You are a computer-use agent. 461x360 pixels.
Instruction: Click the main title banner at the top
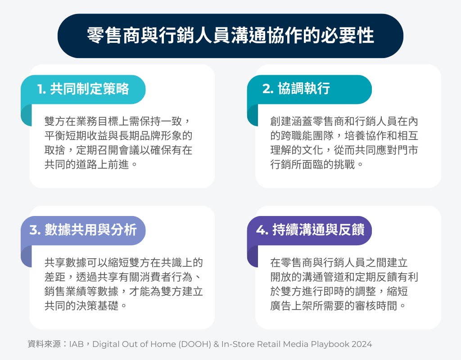coord(230,36)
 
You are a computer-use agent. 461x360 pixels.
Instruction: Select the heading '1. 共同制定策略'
coord(83,89)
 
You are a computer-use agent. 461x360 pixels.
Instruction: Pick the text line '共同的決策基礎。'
coord(86,306)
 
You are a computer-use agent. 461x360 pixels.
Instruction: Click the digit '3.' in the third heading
coord(35,229)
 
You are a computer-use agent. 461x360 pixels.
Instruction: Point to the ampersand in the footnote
coord(217,344)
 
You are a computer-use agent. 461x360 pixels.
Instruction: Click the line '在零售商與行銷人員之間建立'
coord(339,262)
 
